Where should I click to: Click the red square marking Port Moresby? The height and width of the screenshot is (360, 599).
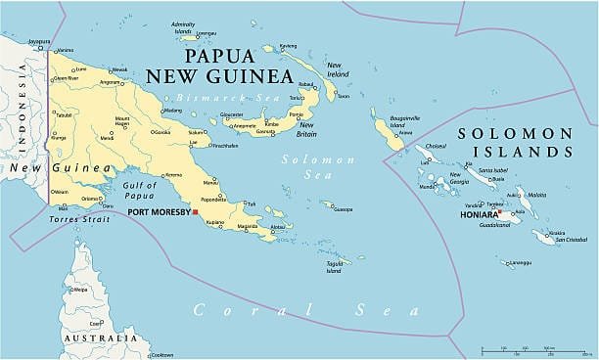pyautogui.click(x=195, y=211)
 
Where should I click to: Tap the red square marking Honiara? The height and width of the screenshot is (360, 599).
pyautogui.click(x=499, y=211)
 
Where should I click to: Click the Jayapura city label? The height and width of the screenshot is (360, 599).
pyautogui.click(x=38, y=42)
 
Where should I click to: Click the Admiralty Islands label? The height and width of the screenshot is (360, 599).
pyautogui.click(x=182, y=26)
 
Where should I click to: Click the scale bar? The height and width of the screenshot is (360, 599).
pyautogui.click(x=533, y=349)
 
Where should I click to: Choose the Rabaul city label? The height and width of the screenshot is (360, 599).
pyautogui.click(x=306, y=85)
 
